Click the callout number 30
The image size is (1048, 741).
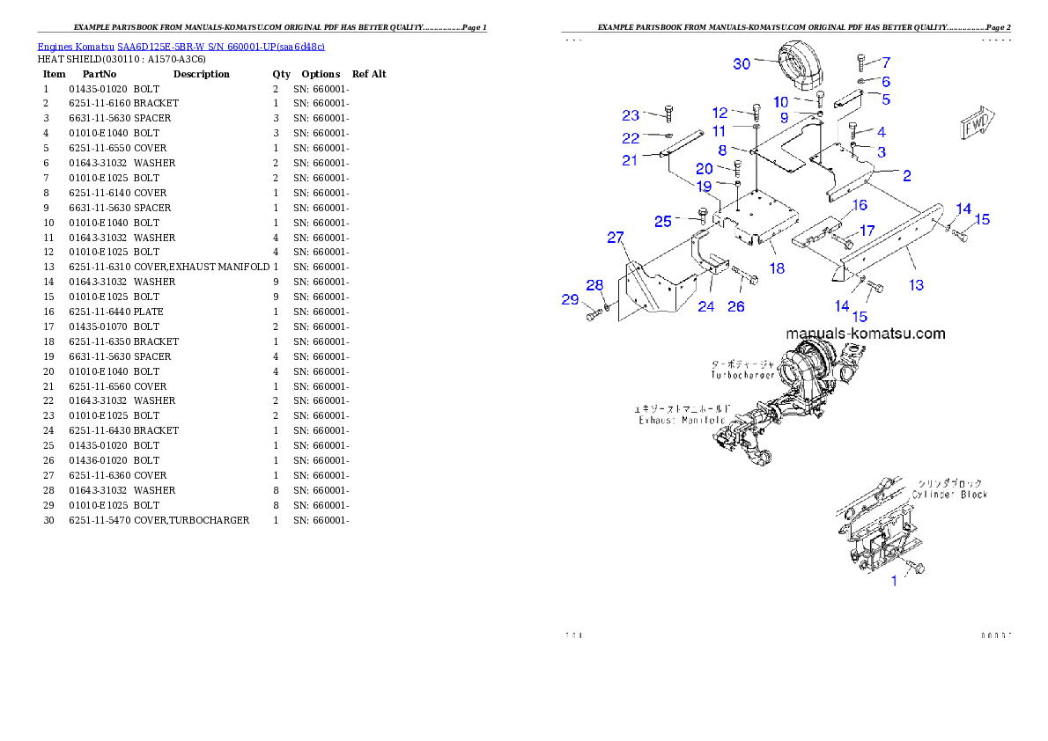[742, 63]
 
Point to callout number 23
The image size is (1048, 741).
[631, 115]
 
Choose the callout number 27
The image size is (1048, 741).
[615, 238]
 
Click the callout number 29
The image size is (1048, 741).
[570, 299]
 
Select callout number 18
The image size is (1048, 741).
[777, 268]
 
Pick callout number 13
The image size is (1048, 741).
[917, 284]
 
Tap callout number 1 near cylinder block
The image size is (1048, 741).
[895, 581]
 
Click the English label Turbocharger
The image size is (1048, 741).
[742, 375]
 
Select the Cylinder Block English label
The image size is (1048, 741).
[949, 495]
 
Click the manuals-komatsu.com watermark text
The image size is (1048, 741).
[866, 334]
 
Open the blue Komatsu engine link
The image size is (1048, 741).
[181, 46]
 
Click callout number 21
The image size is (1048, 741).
[630, 160]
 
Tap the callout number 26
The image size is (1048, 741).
[735, 306]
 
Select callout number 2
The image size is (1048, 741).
[906, 175]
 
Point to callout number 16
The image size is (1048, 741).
[860, 205]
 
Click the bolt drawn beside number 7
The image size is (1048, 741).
[860, 62]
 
